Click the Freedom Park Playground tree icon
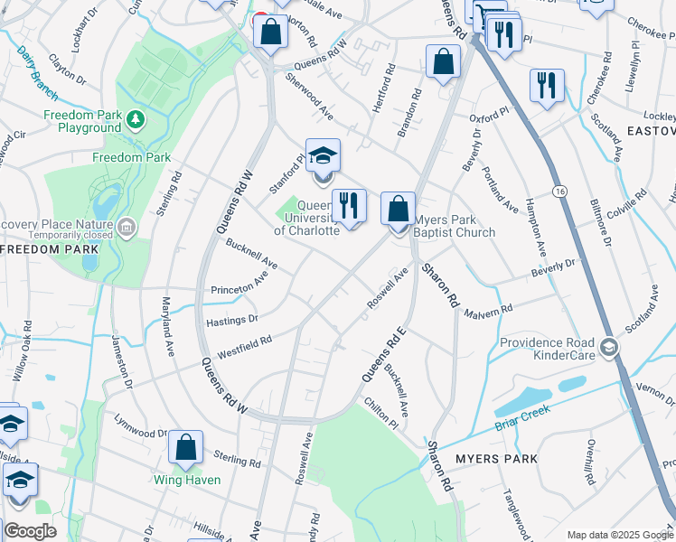coord(135,118)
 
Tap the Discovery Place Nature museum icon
coord(127,225)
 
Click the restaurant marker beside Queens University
coord(349,207)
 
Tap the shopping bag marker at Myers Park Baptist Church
coord(398,210)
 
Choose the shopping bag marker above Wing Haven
coord(185,447)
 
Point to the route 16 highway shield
coord(561,192)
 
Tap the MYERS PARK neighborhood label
coord(496,459)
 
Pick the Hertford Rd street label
coord(383,89)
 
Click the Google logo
coord(30,531)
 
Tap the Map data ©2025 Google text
coord(619,535)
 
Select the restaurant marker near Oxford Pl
coord(547,86)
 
